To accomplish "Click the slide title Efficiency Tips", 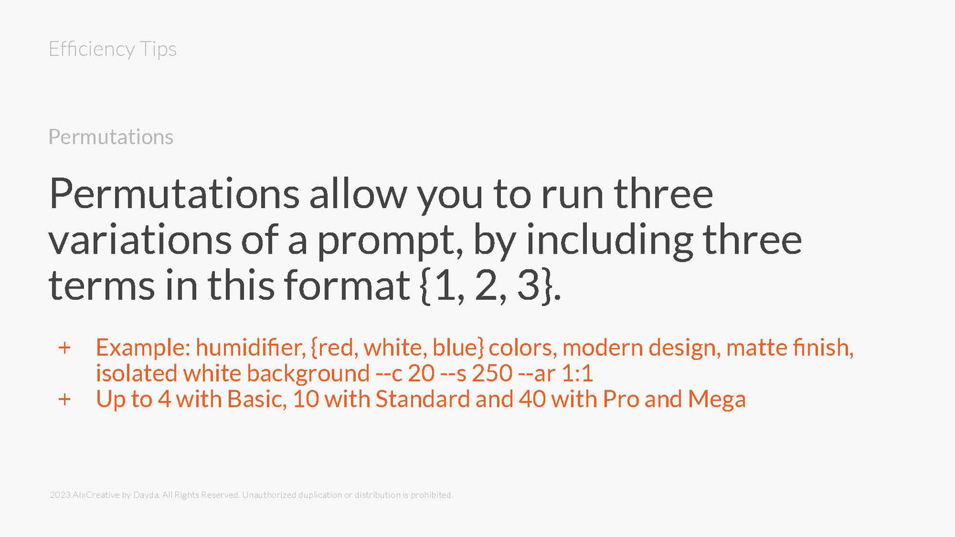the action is (112, 49).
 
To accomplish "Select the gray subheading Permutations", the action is (111, 137).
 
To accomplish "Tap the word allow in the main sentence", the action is (358, 194).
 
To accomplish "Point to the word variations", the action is (140, 240).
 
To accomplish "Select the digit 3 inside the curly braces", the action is (529, 286).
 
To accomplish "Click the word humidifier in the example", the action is (250, 347).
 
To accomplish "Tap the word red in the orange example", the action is (336, 347).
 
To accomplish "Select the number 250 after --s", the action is (492, 374).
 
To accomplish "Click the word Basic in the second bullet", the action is (257, 400).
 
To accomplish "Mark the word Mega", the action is (716, 400).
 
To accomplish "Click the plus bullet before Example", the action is (64, 348).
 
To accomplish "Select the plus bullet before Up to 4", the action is (64, 400).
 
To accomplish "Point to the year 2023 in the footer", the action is (59, 495).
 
